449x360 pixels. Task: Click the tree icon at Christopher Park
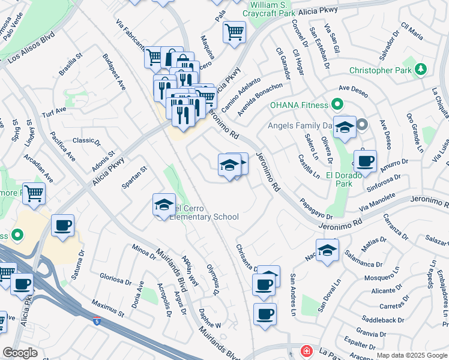point(421,70)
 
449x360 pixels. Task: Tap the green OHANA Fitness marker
point(337,104)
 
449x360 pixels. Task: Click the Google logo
point(20,353)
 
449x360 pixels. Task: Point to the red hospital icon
point(306,350)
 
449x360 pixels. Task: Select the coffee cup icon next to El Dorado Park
point(365,161)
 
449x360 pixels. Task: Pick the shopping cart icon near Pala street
point(234,32)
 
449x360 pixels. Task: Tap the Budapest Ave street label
point(113,71)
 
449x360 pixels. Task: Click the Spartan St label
point(134,178)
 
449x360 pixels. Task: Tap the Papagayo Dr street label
point(316,208)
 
